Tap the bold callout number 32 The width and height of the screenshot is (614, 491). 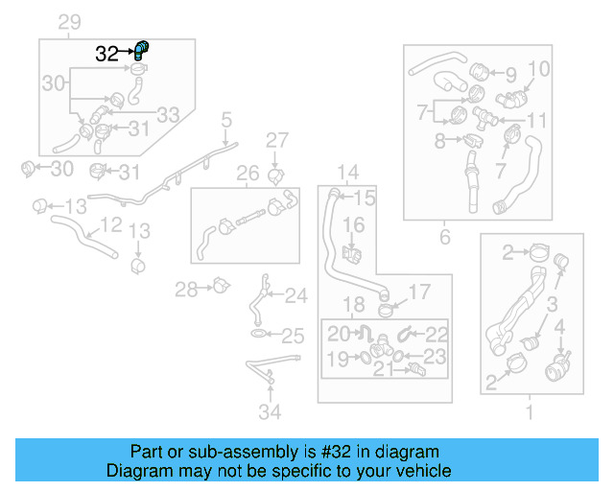[x=106, y=55]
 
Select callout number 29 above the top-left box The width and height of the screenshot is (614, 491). [x=70, y=23]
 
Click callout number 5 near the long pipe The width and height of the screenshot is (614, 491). [x=226, y=120]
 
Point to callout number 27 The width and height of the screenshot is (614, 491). [x=276, y=141]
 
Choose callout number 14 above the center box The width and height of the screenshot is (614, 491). [x=347, y=173]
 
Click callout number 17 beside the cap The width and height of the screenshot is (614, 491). [x=421, y=292]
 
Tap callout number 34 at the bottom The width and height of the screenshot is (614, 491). [x=272, y=412]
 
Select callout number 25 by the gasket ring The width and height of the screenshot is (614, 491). [x=293, y=337]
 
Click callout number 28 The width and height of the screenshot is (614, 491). [x=186, y=288]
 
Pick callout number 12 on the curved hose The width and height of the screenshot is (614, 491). [x=110, y=224]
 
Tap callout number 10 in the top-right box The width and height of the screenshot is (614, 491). [x=539, y=69]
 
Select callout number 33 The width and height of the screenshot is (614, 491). [x=168, y=115]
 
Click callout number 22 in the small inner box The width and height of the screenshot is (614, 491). [x=437, y=334]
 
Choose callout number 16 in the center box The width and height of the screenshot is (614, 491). [x=354, y=227]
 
